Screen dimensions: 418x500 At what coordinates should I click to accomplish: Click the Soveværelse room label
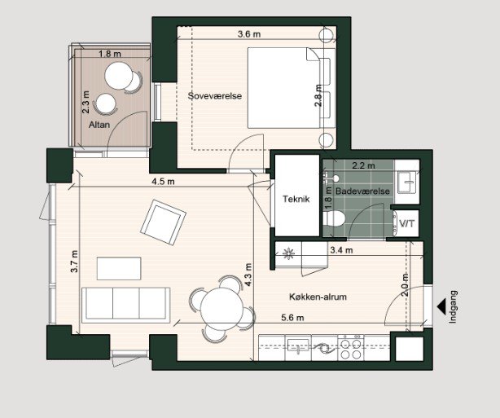pos(216,96)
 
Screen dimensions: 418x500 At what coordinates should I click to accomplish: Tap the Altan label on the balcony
pos(99,125)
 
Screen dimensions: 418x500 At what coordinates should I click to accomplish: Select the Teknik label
pos(295,199)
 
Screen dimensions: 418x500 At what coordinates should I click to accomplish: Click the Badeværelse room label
pos(363,191)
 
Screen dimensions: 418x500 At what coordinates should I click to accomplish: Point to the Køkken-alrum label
pos(318,297)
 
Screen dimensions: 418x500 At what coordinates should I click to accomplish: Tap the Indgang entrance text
pos(454,307)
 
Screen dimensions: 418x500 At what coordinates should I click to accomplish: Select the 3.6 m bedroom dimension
pos(249,34)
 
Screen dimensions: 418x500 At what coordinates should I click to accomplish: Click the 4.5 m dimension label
pos(162,182)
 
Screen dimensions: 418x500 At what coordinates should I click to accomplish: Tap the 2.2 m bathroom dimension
pos(363,165)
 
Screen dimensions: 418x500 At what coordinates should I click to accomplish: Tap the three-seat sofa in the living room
pos(126,303)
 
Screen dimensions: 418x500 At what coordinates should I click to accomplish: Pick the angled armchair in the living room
pos(163,222)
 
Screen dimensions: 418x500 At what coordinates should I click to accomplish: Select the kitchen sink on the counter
pos(299,346)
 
